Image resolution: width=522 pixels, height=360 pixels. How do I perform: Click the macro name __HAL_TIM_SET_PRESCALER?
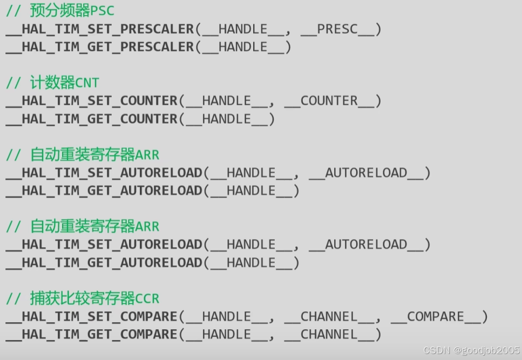[100, 29]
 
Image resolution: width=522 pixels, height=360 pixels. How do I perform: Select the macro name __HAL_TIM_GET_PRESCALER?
[100, 47]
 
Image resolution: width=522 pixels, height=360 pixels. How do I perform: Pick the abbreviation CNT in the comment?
[87, 83]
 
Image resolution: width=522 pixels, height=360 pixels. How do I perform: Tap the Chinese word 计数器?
[52, 83]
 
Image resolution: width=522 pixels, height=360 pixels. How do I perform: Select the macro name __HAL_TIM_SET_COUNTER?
[92, 101]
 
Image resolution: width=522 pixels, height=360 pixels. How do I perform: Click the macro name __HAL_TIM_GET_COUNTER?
[92, 119]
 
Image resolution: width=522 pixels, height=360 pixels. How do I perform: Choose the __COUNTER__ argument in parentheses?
[329, 101]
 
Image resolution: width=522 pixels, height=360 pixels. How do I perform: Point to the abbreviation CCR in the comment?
[147, 298]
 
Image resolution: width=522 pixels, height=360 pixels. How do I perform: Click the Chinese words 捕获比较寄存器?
[83, 298]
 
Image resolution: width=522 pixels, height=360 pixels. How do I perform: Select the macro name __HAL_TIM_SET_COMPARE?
[92, 317]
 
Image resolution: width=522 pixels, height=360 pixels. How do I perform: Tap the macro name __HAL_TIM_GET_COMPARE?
[92, 335]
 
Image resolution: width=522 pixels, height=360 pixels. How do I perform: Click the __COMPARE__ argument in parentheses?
[435, 317]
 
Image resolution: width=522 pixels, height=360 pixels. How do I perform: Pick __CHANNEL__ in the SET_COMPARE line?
[329, 317]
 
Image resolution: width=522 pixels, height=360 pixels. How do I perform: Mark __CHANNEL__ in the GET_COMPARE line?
[329, 335]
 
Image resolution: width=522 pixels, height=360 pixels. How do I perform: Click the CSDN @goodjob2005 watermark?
[471, 350]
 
